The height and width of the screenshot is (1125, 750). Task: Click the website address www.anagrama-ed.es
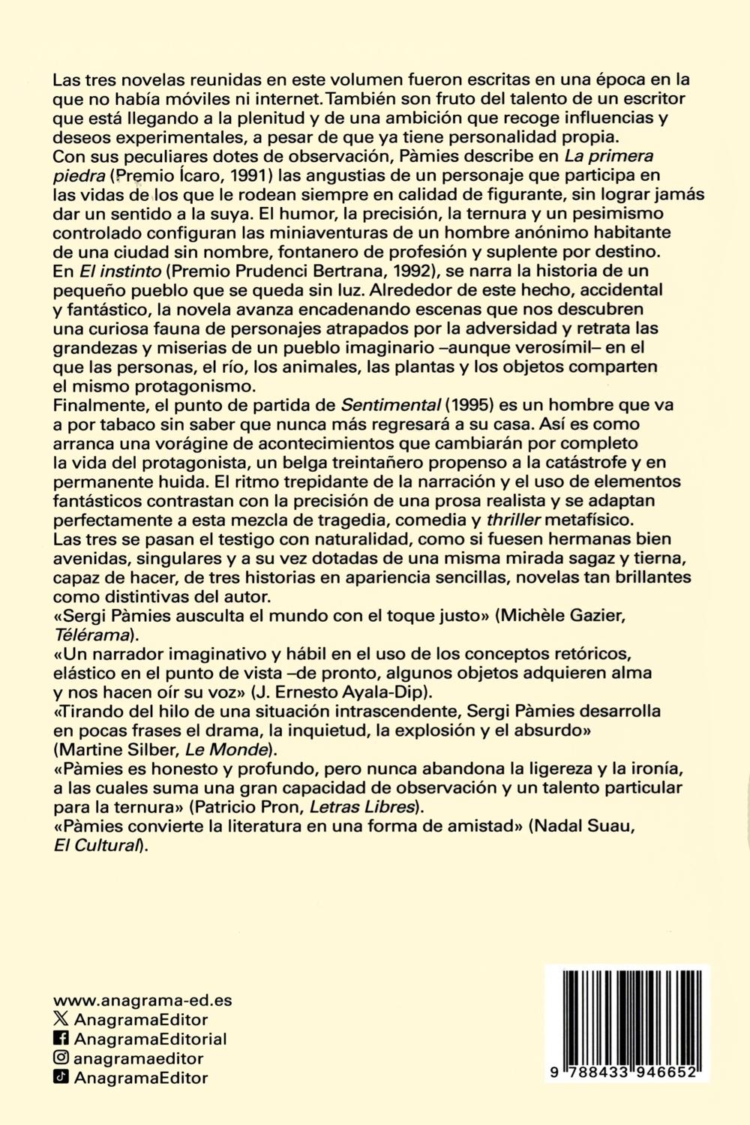(x=142, y=1000)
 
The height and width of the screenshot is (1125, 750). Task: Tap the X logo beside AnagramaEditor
(x=61, y=1019)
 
